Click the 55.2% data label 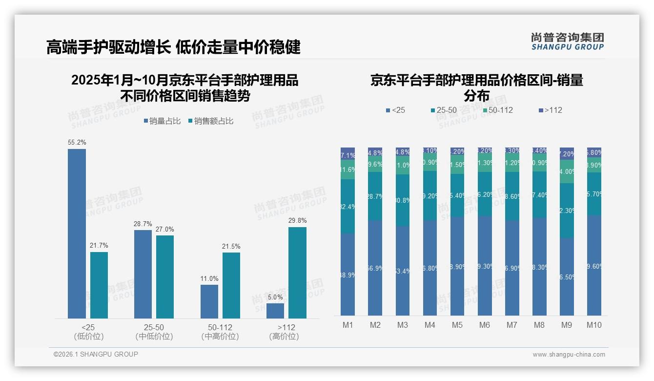click(77, 143)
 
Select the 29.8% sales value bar click(297, 273)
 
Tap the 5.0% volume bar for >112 click(275, 311)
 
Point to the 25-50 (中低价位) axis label click(154, 332)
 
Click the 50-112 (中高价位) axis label click(220, 332)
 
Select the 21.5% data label click(231, 246)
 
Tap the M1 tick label click(347, 325)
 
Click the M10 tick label click(594, 325)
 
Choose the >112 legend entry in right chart click(551, 110)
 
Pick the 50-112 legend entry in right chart click(498, 110)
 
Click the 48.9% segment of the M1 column click(347, 275)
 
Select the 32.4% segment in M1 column click(347, 206)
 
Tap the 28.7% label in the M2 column click(375, 196)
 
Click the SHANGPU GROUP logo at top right click(567, 42)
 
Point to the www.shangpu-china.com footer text click(569, 355)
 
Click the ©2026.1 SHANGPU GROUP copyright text click(96, 354)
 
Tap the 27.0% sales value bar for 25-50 click(165, 276)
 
